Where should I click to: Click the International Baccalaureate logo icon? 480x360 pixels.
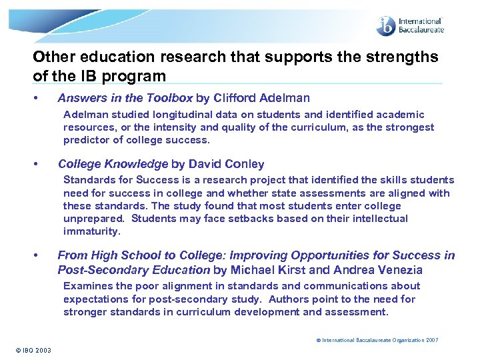tap(386, 27)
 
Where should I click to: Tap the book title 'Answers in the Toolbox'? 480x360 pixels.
tap(125, 98)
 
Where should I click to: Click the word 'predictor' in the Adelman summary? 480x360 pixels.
tap(85, 140)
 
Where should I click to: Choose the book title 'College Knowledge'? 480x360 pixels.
tap(113, 164)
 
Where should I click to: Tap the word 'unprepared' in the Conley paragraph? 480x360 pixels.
tap(93, 219)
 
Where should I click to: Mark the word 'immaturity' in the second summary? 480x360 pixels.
tap(92, 231)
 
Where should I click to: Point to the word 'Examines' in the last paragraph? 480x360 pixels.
tap(86, 286)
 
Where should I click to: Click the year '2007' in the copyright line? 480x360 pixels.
tap(432, 340)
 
